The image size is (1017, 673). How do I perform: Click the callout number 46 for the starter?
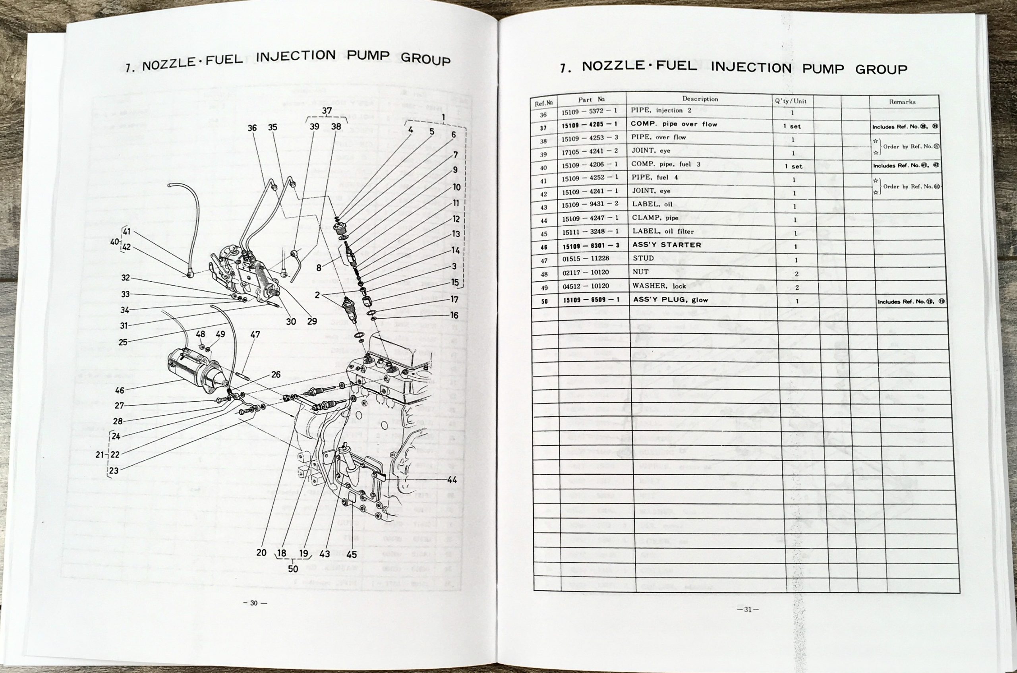click(119, 390)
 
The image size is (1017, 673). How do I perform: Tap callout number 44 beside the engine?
click(452, 480)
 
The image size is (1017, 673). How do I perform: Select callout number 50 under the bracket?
click(293, 569)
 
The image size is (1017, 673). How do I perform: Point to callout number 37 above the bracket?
click(327, 111)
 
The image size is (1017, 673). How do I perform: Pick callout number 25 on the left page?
click(123, 342)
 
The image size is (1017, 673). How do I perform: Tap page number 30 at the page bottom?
click(254, 603)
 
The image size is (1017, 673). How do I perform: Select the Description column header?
click(700, 99)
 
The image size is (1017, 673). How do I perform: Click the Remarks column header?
click(902, 102)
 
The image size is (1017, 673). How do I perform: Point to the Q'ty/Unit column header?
click(791, 101)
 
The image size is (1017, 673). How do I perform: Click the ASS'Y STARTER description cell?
click(667, 245)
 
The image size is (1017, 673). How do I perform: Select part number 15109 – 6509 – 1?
click(591, 300)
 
